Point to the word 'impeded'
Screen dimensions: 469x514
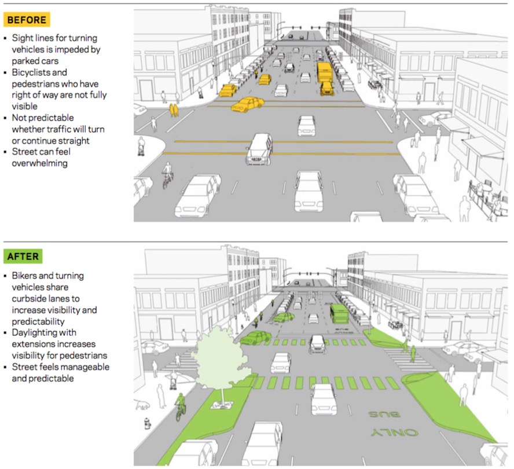click(x=83, y=49)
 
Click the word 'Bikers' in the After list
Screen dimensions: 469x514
click(x=25, y=275)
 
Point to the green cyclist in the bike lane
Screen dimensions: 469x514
click(x=181, y=405)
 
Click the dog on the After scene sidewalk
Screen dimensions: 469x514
click(x=142, y=404)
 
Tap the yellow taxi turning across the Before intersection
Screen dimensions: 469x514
click(x=248, y=104)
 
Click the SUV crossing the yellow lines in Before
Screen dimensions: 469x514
click(x=260, y=149)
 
